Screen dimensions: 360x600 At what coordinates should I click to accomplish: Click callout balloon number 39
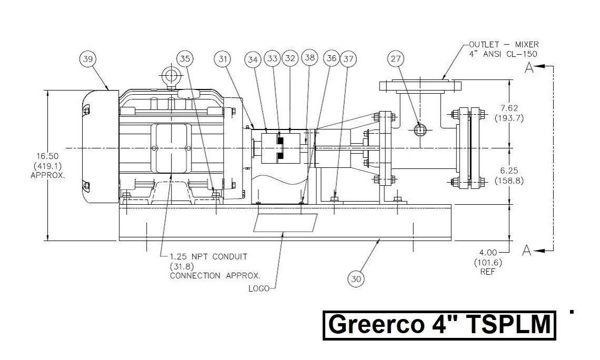pos(87,59)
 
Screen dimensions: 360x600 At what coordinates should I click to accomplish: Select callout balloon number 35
pos(184,58)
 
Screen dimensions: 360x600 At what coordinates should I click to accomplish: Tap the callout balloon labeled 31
pos(223,58)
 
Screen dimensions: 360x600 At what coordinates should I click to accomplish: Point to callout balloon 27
pos(396,59)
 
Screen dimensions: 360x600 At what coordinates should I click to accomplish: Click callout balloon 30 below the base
pos(356,279)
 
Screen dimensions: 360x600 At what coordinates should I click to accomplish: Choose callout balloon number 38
pos(310,58)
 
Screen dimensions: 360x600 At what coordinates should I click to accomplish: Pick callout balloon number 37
pos(348,59)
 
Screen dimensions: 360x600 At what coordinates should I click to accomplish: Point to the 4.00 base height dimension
pos(487,253)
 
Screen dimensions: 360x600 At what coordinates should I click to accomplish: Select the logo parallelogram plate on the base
pos(286,223)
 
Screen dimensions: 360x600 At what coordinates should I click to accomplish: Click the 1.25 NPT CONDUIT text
pos(208,256)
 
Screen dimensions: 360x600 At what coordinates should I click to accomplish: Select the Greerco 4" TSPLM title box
pos(439,325)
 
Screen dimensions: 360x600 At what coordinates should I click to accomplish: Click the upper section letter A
pos(529,67)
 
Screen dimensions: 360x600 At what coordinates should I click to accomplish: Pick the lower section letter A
pos(526,251)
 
